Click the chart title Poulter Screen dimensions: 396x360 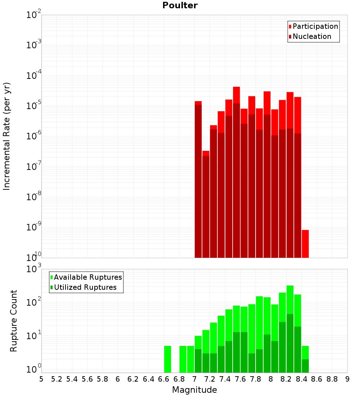180,5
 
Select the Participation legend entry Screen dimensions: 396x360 315,27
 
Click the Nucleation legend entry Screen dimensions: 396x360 312,37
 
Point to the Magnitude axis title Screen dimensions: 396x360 194,390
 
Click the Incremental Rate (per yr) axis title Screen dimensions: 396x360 7,136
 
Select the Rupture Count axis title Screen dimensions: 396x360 14,321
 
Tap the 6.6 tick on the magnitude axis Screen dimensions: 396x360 164,379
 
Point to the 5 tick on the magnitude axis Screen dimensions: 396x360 41,379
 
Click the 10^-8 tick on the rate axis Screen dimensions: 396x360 34,197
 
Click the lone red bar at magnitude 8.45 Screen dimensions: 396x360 305,244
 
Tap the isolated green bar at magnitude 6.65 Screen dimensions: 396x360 167,359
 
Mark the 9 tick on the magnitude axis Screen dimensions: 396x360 347,379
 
